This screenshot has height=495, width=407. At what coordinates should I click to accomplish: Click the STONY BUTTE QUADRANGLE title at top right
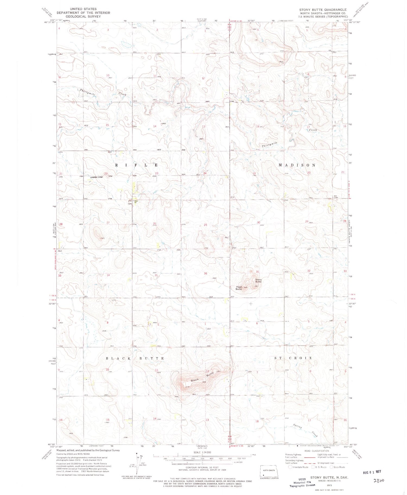[323, 10]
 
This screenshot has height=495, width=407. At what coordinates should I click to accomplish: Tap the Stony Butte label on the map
[258, 281]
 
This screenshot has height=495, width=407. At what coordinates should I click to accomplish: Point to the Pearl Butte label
[239, 288]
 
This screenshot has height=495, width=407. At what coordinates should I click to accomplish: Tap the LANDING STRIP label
[97, 177]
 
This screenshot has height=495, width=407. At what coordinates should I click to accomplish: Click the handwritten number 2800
[379, 481]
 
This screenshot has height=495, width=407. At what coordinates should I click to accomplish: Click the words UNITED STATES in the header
[83, 9]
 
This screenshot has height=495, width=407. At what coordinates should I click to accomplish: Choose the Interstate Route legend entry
[298, 467]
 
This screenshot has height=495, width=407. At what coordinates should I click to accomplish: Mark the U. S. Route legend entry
[319, 467]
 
